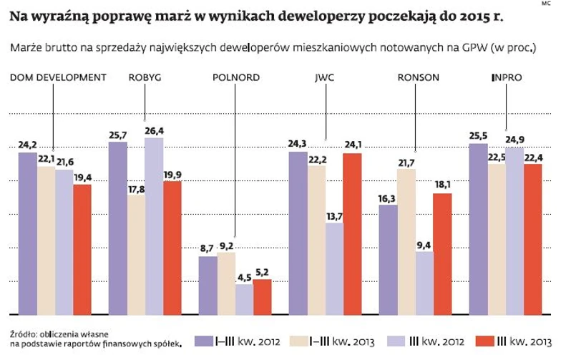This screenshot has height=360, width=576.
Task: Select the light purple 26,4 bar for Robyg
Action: [x=155, y=225]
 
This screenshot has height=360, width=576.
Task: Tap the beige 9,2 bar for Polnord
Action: [x=226, y=283]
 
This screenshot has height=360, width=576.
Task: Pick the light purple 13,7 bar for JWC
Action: [x=334, y=268]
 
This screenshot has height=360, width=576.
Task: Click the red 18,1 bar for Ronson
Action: [x=442, y=253]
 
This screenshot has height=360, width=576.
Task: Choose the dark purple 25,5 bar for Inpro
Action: [x=478, y=228]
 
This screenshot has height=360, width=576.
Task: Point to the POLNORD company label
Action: [x=236, y=77]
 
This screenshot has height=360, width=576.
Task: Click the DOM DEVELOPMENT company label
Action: [x=58, y=77]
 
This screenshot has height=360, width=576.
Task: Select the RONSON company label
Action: [x=418, y=77]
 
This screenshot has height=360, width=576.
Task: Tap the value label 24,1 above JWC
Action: [x=352, y=146]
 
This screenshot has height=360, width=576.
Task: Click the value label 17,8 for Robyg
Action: [x=136, y=189]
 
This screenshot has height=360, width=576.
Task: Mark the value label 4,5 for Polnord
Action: [x=244, y=278]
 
